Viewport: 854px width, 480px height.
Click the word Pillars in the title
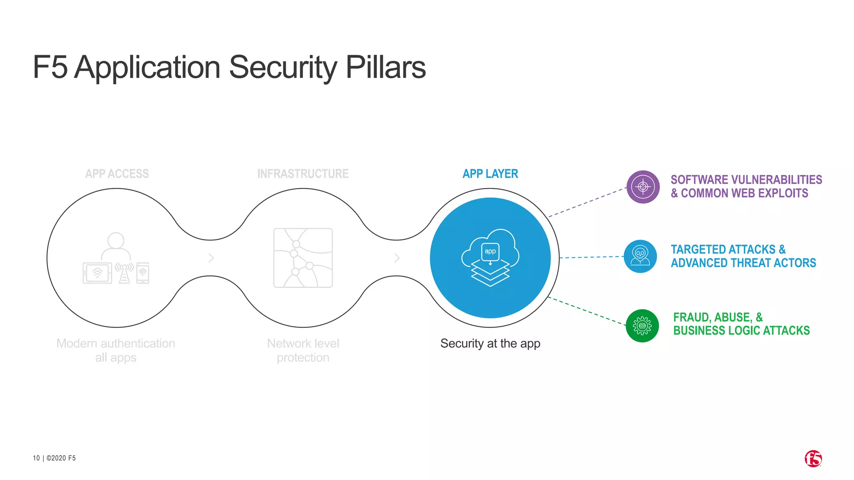(385, 67)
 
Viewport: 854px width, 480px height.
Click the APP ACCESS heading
(117, 174)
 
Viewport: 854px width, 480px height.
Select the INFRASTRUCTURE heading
(303, 174)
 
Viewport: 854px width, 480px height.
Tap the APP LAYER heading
(490, 174)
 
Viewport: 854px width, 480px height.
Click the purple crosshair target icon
(643, 187)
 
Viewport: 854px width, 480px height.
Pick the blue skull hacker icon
(640, 256)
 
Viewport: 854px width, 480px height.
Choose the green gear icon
(642, 326)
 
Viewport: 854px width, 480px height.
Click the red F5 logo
(813, 459)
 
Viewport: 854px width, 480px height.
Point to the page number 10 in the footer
(36, 458)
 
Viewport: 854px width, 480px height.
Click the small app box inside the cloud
(490, 252)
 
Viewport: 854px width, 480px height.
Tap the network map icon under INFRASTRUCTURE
(303, 258)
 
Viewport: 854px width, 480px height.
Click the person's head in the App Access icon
(116, 240)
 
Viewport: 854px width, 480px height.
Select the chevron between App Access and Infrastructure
(211, 258)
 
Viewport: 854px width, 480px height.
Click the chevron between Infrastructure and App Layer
(397, 258)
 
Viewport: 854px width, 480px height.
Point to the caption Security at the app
(490, 343)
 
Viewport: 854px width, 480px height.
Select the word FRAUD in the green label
(691, 317)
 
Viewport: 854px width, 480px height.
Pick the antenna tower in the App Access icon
(124, 273)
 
